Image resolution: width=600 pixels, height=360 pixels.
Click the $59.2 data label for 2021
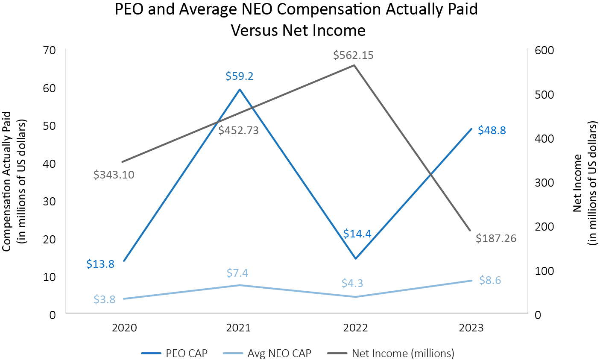240,76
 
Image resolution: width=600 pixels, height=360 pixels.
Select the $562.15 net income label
354,55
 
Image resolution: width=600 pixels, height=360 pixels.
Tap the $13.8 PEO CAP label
100,264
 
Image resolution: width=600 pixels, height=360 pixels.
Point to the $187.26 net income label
496,238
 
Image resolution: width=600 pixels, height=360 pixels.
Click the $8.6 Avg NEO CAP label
490,281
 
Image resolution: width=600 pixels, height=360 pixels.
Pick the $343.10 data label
114,175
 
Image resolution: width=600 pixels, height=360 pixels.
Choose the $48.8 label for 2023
492,130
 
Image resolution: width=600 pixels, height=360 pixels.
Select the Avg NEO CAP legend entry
267,353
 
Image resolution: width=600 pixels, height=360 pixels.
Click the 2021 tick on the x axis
238,328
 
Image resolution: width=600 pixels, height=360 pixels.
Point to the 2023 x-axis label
471,328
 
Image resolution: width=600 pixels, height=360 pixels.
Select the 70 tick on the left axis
50,50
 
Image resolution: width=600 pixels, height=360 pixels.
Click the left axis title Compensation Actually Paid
7,181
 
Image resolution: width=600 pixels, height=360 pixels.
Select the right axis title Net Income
578,183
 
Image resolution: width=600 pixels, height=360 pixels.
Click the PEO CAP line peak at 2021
240,90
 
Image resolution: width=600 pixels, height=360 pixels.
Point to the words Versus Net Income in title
298,31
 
